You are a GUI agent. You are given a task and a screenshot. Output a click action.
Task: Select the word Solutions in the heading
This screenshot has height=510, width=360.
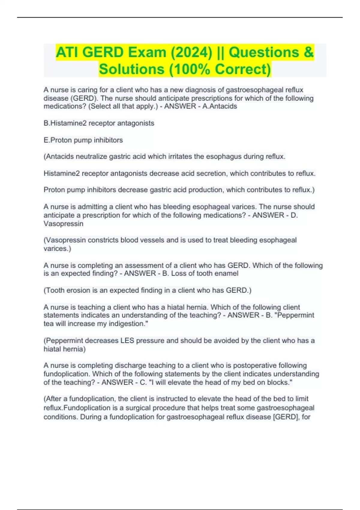tap(131, 69)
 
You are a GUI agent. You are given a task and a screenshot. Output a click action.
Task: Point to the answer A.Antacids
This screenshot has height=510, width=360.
tap(220, 106)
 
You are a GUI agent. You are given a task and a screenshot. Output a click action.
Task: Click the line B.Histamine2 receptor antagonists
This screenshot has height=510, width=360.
tap(99, 123)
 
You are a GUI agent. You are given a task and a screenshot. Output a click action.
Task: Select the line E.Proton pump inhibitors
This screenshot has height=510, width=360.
tap(83, 140)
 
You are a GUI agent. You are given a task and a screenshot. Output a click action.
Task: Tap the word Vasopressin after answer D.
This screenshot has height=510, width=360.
tap(63, 223)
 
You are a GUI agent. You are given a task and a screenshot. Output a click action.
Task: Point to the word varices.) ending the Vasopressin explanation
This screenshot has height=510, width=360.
tap(57, 248)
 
